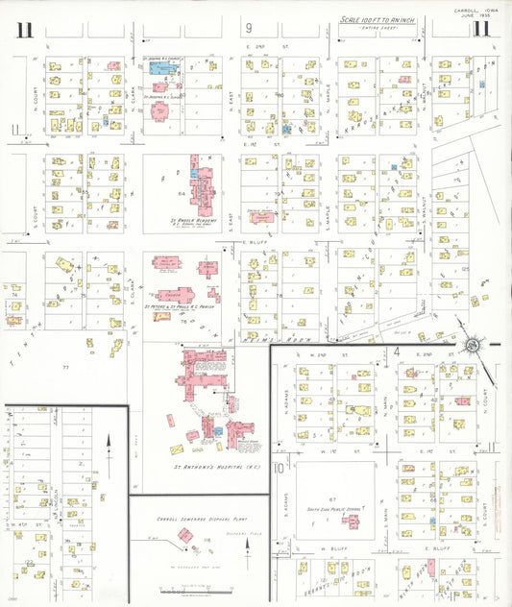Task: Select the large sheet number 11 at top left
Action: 24,29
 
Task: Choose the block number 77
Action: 65,367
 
